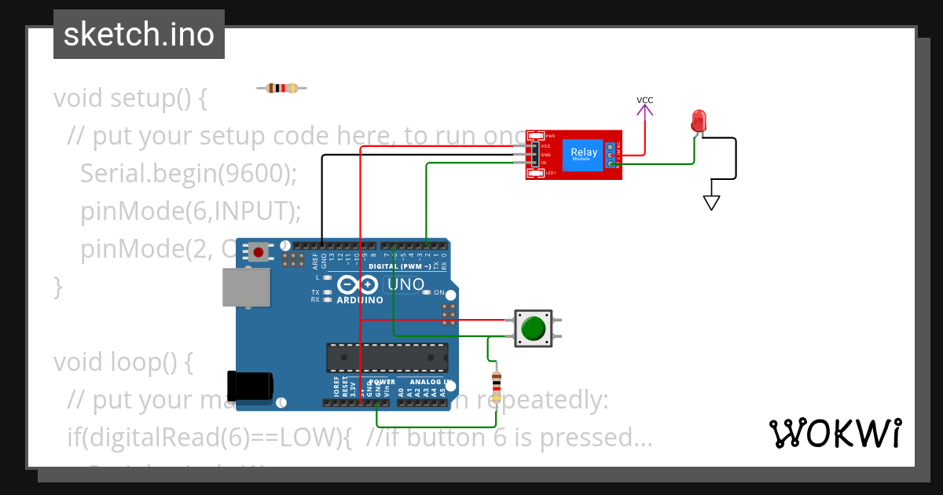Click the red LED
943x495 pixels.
coord(699,121)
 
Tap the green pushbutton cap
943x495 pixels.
coord(534,328)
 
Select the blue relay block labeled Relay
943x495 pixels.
coord(584,154)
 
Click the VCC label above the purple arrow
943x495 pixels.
coord(644,101)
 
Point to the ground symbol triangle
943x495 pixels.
coord(711,202)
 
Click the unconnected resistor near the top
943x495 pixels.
coord(281,88)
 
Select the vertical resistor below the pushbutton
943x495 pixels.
coord(496,387)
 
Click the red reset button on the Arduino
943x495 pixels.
coord(258,252)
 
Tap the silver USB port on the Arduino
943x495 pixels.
coord(245,287)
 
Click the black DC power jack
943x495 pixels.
coord(250,386)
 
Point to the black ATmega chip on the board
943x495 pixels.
coord(387,357)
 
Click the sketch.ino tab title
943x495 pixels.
coord(139,35)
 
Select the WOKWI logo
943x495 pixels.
coord(835,433)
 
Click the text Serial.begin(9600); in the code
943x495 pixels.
coord(188,174)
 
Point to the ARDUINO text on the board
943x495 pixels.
coord(359,300)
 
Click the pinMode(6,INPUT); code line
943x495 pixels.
coord(190,211)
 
